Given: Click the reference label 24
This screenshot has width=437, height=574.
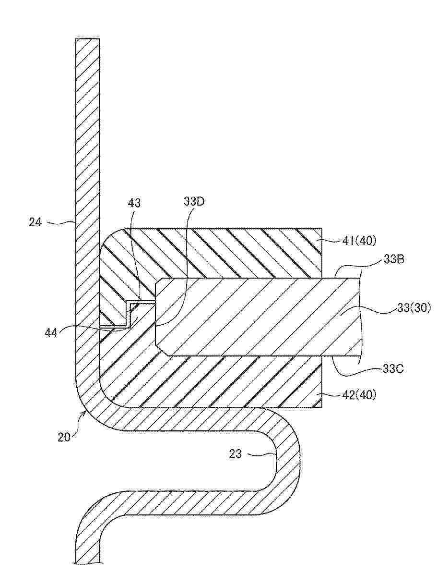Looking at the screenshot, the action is click(35, 222).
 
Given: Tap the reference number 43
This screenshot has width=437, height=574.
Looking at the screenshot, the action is click(134, 203).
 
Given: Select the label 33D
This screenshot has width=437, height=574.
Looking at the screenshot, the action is click(194, 202).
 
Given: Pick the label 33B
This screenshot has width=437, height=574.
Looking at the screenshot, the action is click(393, 261).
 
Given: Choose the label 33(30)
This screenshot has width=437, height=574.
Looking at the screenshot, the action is click(413, 308).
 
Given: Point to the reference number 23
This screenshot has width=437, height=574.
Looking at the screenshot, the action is click(236, 454).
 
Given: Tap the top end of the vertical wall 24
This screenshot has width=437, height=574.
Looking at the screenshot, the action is click(87, 38).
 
